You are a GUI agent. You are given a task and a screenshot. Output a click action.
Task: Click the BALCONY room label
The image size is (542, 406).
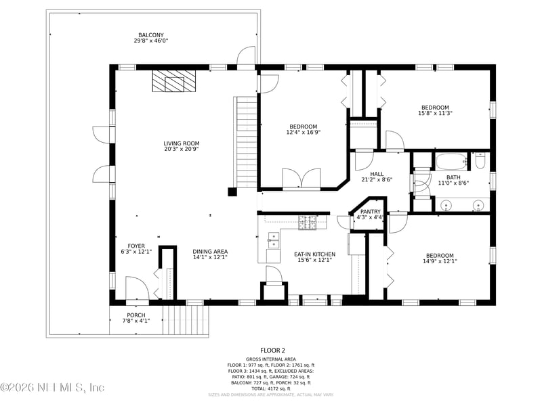(x=151, y=35)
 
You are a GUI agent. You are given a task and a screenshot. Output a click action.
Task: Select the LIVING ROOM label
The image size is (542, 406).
(x=181, y=143)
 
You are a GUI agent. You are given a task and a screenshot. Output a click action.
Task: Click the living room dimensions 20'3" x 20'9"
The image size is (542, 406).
(x=181, y=150)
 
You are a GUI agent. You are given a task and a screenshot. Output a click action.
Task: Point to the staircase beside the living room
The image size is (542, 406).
(x=246, y=142)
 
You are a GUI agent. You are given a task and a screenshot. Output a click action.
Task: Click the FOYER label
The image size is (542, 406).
(x=136, y=246)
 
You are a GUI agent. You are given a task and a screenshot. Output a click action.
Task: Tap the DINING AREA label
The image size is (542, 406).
(x=209, y=251)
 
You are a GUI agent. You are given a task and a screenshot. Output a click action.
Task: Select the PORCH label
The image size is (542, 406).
(x=136, y=315)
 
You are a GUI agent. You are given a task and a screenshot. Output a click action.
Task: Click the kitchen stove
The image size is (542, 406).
(x=308, y=221)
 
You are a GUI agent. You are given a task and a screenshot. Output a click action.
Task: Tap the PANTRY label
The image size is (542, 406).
(x=370, y=212)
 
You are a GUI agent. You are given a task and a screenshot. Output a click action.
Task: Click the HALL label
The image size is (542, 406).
(x=377, y=174)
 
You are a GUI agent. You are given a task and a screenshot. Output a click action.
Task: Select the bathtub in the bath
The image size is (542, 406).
(x=450, y=162)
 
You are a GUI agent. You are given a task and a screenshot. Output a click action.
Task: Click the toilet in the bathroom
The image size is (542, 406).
(x=480, y=161)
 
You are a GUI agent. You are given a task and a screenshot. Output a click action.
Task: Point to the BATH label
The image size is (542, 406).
(x=453, y=177)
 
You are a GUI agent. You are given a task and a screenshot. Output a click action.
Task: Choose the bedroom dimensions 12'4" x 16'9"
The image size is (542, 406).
(x=303, y=133)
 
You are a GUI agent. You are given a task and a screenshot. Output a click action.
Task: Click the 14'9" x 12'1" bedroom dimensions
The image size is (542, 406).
(x=439, y=261)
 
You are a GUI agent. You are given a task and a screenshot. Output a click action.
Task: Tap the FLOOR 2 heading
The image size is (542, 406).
(x=270, y=350)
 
